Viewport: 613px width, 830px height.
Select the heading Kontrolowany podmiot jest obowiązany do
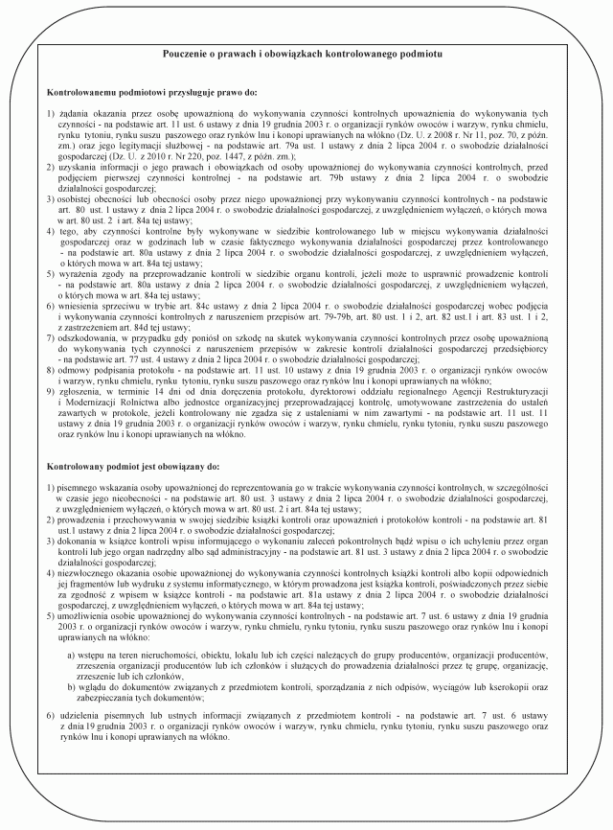pos(140,465)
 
